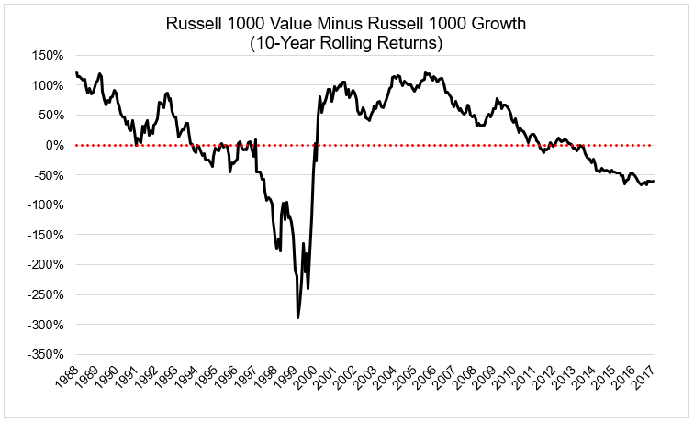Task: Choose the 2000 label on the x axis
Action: [x=308, y=379]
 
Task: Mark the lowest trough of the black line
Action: [x=297, y=317]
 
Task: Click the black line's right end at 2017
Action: [x=654, y=181]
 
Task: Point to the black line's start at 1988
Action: [x=75, y=72]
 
